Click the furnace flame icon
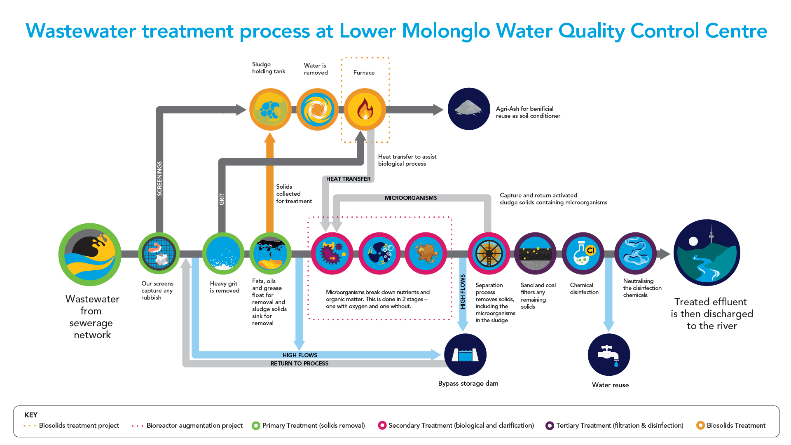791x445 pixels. coord(365,110)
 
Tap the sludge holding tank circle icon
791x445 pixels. coord(270,110)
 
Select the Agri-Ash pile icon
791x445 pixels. coord(468,109)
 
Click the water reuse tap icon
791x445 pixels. coord(608,355)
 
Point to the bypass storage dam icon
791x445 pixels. coord(465,355)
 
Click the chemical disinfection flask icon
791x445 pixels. coord(583,253)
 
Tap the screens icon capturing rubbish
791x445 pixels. coord(159,253)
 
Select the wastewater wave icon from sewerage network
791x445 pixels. coord(90,255)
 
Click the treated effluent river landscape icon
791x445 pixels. coord(707,253)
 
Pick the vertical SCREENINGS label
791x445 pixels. coord(159,178)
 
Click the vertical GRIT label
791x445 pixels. coord(222,199)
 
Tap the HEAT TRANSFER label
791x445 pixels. coord(348,179)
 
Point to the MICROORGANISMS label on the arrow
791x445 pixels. coord(411,198)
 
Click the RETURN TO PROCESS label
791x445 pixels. coord(300,363)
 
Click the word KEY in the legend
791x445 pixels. coord(31,415)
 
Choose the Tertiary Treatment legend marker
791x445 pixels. coord(549,426)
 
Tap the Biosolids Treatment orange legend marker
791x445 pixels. coord(700,426)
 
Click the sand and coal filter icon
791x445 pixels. coord(535,253)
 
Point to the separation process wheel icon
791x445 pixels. coord(489,253)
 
